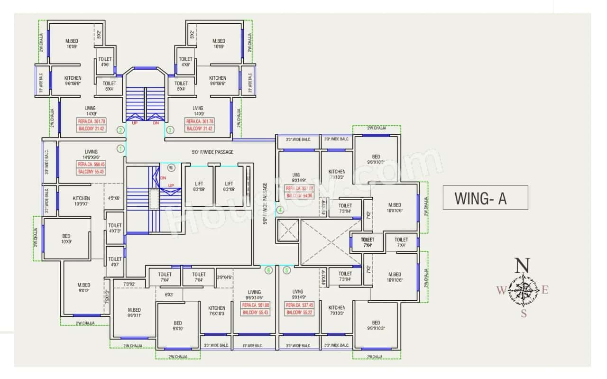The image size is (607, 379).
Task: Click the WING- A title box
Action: click(485, 197)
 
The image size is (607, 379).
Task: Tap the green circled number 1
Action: click(120, 148)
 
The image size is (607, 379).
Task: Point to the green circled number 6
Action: click(268, 270)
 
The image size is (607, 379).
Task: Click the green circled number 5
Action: click(286, 270)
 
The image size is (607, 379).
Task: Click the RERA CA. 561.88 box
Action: click(256, 305)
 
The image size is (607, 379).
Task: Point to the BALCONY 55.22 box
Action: click(301, 313)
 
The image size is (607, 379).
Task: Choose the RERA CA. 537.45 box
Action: click(301, 305)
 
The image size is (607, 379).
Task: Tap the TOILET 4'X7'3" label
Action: click(115, 228)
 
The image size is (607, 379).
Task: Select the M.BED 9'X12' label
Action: click(83, 287)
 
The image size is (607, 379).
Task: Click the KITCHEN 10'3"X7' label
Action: click(82, 201)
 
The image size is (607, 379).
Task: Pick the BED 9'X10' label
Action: click(177, 326)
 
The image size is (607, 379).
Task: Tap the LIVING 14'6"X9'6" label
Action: click(92, 155)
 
